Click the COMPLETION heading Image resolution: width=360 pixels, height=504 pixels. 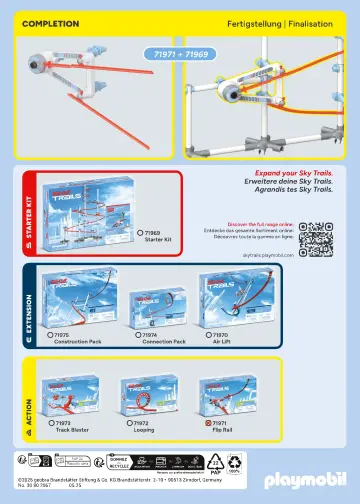click(51, 21)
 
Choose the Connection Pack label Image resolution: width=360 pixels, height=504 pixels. click(164, 341)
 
